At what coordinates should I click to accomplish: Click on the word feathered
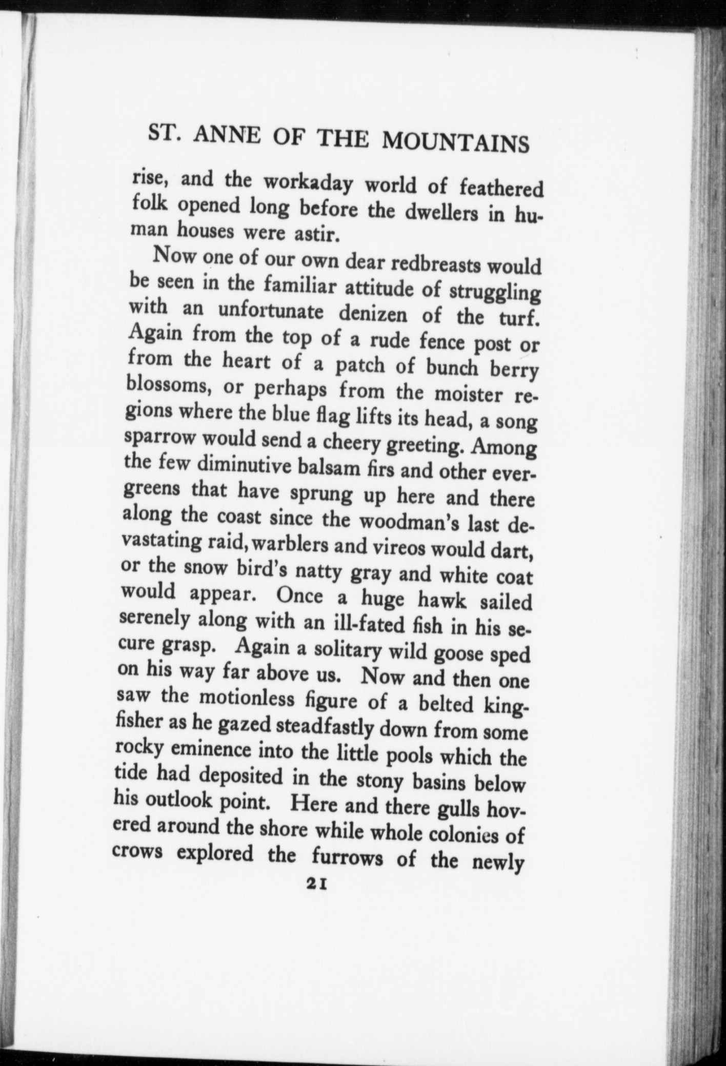501,189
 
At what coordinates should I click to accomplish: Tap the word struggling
495,293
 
